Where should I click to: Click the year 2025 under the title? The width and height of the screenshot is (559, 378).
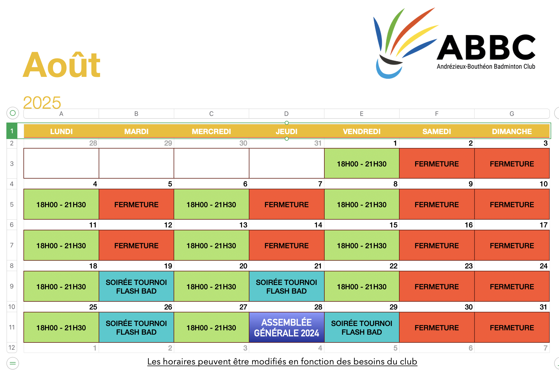42,103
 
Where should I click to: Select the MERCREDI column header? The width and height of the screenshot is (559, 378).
212,131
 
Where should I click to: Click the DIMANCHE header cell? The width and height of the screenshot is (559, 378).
512,131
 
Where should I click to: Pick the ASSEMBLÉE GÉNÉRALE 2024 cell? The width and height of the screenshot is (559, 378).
286,327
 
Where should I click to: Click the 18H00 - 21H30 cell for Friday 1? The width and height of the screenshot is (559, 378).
362,164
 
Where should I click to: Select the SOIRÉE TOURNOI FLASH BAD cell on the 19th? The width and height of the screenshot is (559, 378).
136,286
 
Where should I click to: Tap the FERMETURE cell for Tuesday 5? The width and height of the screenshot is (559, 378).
136,204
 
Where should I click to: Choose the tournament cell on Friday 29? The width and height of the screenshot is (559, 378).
362,327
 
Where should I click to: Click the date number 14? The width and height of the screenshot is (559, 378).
318,225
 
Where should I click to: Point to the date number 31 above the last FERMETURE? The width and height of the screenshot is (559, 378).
543,307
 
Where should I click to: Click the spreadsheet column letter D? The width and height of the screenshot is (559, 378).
286,114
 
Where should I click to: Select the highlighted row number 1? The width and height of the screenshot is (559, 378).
12,131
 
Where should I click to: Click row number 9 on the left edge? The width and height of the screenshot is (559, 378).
12,286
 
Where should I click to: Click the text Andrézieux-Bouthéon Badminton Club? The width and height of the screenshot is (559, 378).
486,66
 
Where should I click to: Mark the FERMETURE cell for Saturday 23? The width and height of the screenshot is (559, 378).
437,286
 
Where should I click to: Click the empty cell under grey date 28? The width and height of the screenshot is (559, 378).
61,163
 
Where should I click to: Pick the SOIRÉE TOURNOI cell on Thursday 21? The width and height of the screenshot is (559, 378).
286,286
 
